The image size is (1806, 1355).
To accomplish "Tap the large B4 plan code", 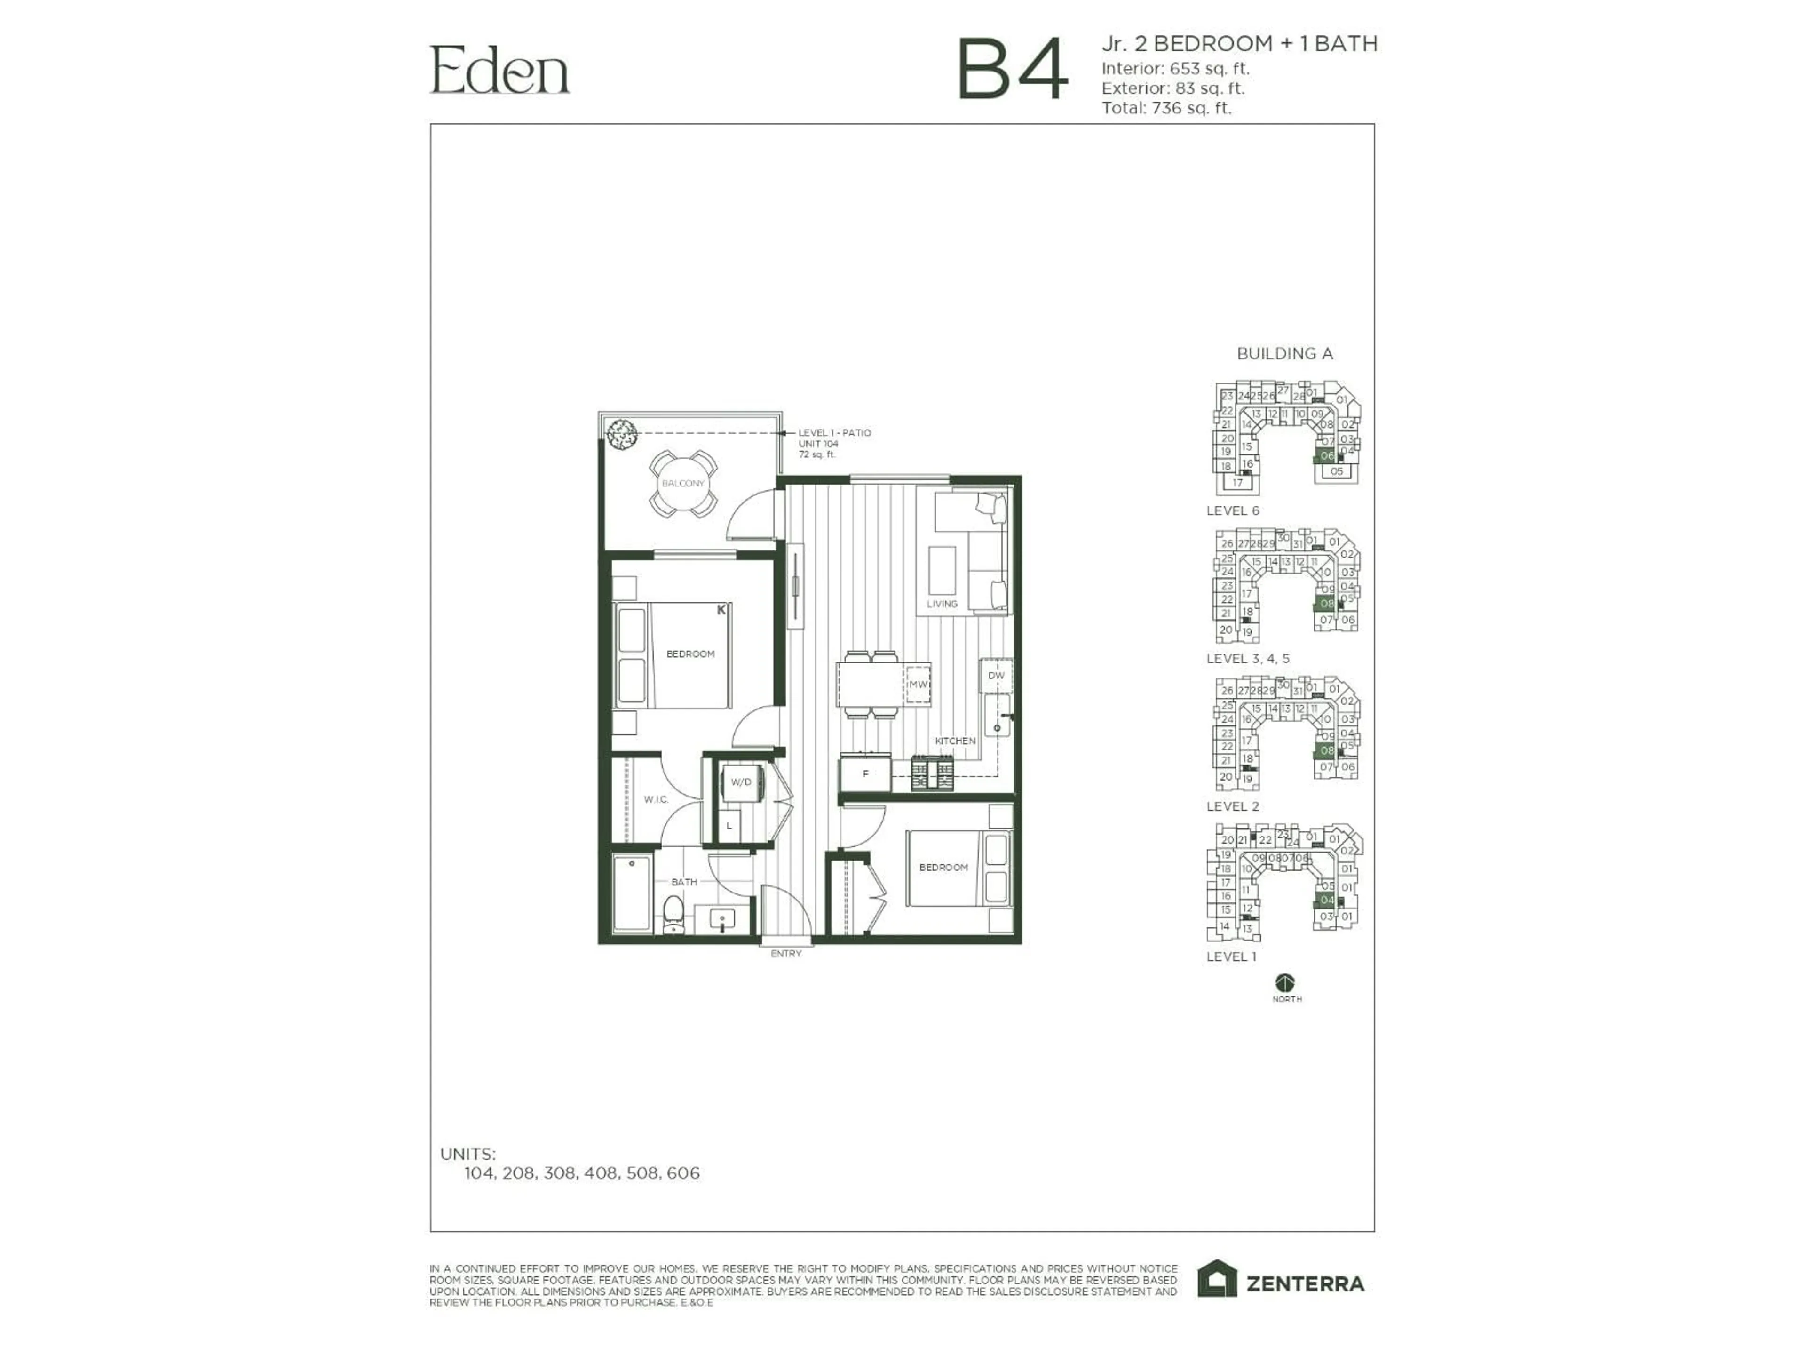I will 1013,70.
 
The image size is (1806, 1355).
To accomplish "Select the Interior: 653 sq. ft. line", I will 1175,69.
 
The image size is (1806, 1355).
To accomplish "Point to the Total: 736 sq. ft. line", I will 1166,108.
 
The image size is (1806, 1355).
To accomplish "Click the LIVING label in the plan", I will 942,605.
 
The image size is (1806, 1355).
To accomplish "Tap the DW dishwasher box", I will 996,676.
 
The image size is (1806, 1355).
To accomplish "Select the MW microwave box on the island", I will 919,685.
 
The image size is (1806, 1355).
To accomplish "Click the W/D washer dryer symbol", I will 741,782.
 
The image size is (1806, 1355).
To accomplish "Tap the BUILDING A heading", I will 1284,354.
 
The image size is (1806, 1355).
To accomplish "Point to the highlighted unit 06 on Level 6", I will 1327,456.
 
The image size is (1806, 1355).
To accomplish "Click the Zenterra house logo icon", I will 1217,1279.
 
